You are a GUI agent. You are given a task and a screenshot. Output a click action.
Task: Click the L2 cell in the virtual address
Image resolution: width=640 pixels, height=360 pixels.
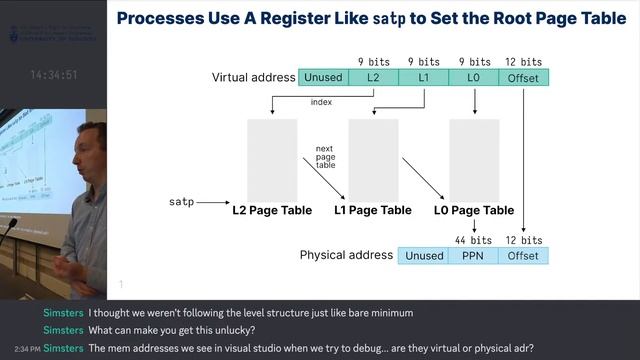(x=374, y=78)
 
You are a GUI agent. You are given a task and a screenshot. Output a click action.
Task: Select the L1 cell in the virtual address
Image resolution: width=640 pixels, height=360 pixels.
(x=424, y=78)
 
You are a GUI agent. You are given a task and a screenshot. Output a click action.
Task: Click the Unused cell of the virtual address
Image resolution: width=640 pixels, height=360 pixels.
(x=323, y=78)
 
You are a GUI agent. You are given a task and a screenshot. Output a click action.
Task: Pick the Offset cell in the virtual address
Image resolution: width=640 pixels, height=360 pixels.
(x=524, y=78)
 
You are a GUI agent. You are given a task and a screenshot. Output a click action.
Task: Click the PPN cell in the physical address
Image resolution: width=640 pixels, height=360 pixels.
(x=474, y=256)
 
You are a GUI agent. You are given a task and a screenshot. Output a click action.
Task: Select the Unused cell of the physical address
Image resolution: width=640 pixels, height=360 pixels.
(x=424, y=256)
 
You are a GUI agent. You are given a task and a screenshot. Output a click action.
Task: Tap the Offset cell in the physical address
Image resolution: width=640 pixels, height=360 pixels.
(x=524, y=256)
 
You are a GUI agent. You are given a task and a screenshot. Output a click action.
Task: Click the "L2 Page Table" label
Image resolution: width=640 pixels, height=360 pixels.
(x=272, y=211)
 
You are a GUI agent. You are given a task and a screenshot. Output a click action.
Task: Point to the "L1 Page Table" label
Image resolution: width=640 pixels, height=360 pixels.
(x=372, y=211)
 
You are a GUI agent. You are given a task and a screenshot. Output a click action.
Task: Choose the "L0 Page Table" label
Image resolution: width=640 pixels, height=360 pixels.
(x=474, y=211)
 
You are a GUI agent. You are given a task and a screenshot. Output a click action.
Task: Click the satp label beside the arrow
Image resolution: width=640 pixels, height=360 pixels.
(x=180, y=203)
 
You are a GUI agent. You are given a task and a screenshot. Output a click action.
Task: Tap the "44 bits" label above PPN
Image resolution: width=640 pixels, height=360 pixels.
(x=474, y=241)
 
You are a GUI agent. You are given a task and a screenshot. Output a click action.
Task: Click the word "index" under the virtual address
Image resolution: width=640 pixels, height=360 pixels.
(x=322, y=102)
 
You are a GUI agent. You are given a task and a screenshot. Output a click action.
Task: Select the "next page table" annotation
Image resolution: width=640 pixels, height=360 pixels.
(x=325, y=157)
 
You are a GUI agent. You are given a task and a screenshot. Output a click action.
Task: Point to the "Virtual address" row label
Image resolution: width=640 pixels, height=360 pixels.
(x=252, y=78)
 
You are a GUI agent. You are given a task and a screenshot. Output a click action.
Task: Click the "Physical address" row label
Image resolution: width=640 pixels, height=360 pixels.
(x=345, y=256)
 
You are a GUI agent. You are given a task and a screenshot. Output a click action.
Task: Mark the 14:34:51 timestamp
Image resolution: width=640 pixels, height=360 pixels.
(x=54, y=75)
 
